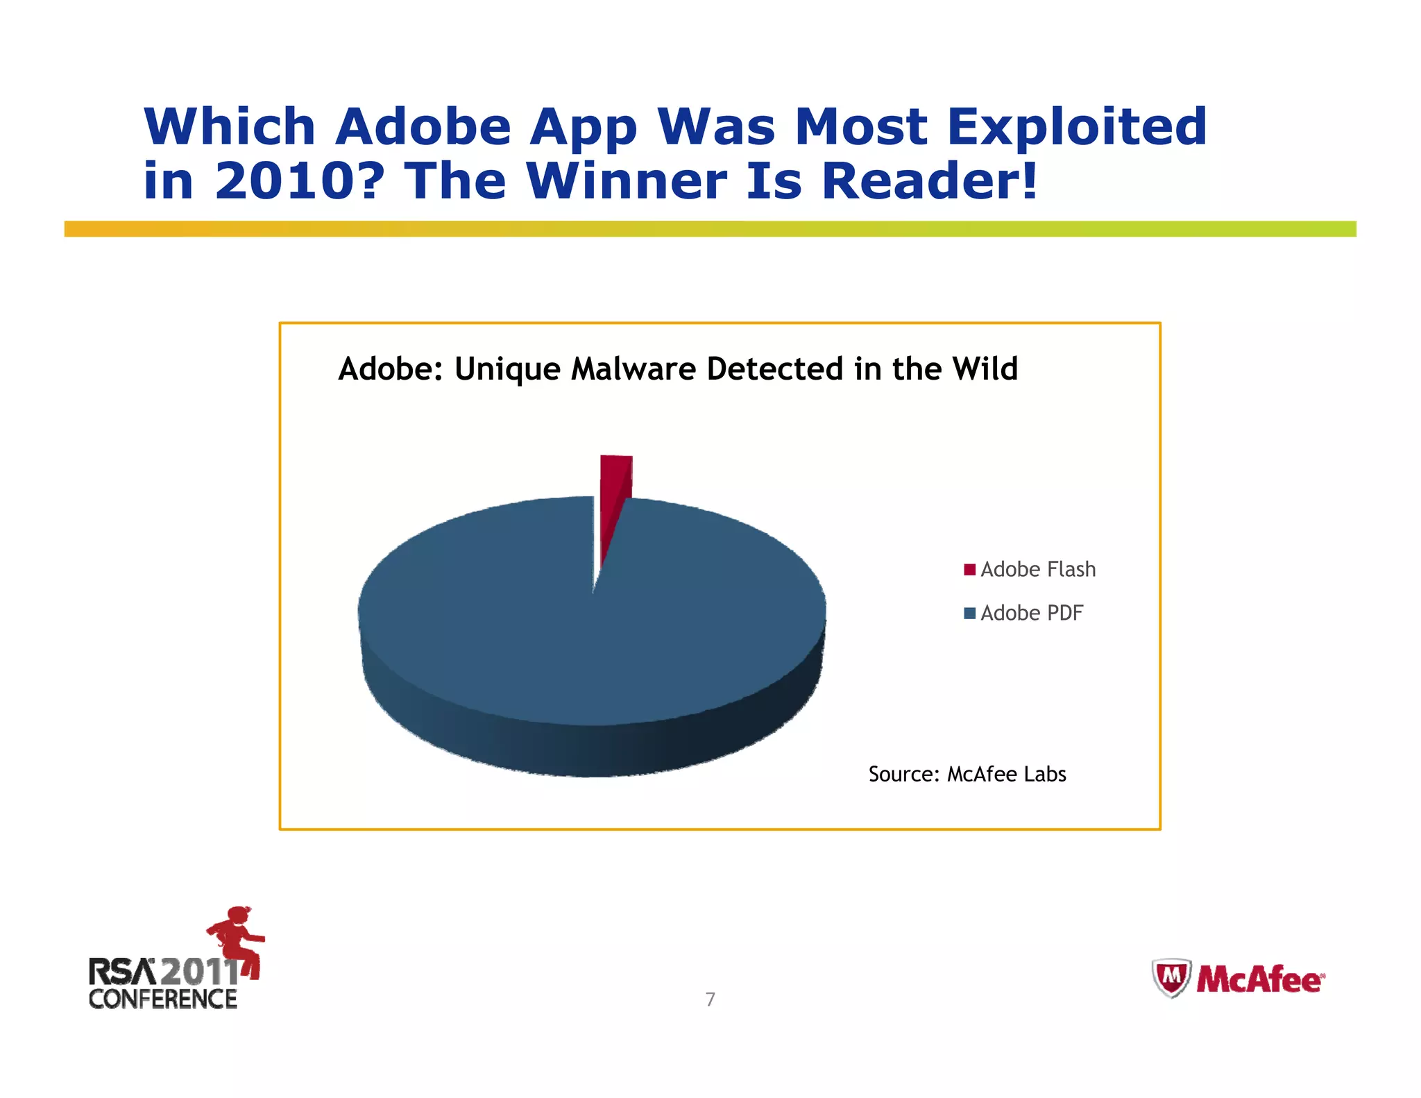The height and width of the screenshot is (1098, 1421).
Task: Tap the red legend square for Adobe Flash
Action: coord(969,570)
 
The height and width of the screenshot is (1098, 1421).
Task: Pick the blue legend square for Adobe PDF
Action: coord(969,614)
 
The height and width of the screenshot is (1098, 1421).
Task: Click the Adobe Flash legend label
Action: coord(1038,570)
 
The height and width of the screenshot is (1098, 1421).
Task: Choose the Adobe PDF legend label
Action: coord(1032,614)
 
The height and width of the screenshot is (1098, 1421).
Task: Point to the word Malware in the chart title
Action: coord(633,369)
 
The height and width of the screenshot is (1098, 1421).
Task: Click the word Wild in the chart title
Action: coord(985,369)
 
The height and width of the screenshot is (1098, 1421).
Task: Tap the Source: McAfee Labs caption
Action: coord(967,774)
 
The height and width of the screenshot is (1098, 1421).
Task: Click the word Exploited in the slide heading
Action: coord(1077,127)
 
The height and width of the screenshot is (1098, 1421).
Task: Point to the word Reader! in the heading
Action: coord(930,181)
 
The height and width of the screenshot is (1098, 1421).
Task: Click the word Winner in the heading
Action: coord(627,181)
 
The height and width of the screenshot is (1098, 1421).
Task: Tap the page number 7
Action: coord(710,999)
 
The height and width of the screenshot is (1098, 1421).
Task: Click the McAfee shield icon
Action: coord(1171,979)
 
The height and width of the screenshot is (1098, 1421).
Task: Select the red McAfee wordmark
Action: coord(1259,980)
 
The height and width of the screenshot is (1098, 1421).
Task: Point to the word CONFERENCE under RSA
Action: coord(163,999)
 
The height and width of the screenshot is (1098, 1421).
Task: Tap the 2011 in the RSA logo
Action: coord(198,971)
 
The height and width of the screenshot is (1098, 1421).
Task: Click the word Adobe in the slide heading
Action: coord(423,127)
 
